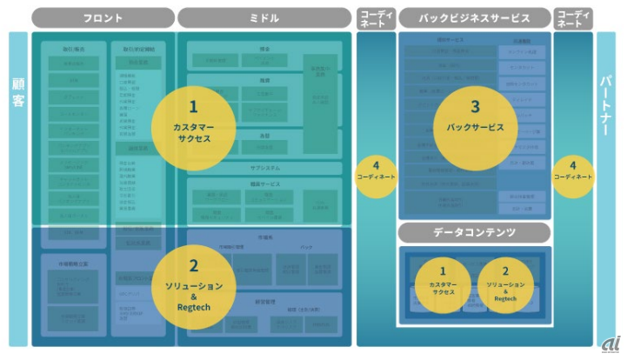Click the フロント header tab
tap(103, 17)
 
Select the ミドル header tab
tap(263, 17)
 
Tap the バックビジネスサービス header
tap(474, 17)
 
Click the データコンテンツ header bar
tap(474, 232)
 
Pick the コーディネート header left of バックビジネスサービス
tap(376, 17)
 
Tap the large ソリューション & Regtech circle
tap(194, 283)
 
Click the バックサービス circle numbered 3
tap(475, 121)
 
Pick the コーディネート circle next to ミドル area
tap(376, 171)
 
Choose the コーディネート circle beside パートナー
tap(572, 171)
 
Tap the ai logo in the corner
tap(610, 344)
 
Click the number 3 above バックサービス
tap(475, 107)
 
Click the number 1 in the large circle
tap(193, 106)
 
